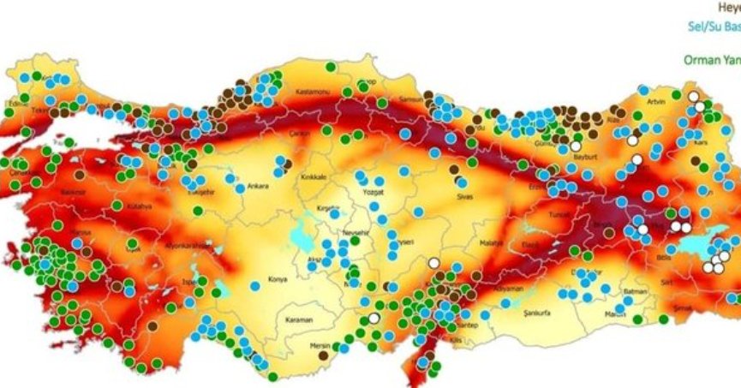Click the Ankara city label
(x=258, y=186)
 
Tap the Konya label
(x=278, y=279)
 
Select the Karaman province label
(x=300, y=319)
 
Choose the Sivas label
(x=465, y=195)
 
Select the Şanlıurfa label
(x=540, y=313)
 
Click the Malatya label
(x=491, y=244)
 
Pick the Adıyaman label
(x=508, y=289)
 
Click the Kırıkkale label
(x=313, y=177)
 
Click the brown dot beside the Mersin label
(x=323, y=355)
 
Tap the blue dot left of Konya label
(x=254, y=285)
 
